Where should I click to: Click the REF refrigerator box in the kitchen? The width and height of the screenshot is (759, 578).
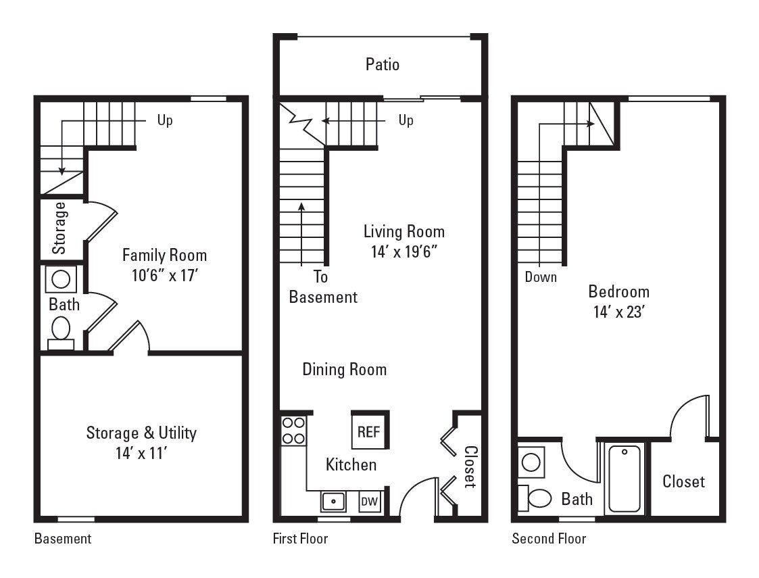coord(368,431)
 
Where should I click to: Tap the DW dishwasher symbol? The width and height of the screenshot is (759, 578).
coord(369,502)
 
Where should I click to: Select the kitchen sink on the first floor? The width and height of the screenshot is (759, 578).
coord(333,502)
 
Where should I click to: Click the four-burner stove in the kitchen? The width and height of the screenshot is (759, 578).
coord(293,431)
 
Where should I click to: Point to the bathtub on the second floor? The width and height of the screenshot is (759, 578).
coord(625,479)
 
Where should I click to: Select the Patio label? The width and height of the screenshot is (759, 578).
coord(382,64)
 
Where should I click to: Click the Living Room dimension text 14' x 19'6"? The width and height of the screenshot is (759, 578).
coord(403,251)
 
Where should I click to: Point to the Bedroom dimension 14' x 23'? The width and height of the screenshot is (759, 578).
coord(618,312)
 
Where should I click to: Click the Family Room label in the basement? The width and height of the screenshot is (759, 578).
coord(164,256)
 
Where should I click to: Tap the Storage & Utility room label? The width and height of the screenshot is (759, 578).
coord(141,433)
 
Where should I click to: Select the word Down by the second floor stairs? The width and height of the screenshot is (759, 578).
coord(541,276)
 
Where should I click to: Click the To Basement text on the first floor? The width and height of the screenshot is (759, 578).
coord(323,287)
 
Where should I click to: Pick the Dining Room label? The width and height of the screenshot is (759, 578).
coord(344,369)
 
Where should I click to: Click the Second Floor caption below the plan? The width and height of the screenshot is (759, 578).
coord(549,539)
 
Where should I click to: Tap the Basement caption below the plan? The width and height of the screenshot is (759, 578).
coord(62,539)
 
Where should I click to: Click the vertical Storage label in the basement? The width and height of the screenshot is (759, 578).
coord(60,228)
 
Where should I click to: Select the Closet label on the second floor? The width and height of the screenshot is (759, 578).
coord(683,481)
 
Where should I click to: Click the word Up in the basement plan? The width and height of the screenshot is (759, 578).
coord(165,120)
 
